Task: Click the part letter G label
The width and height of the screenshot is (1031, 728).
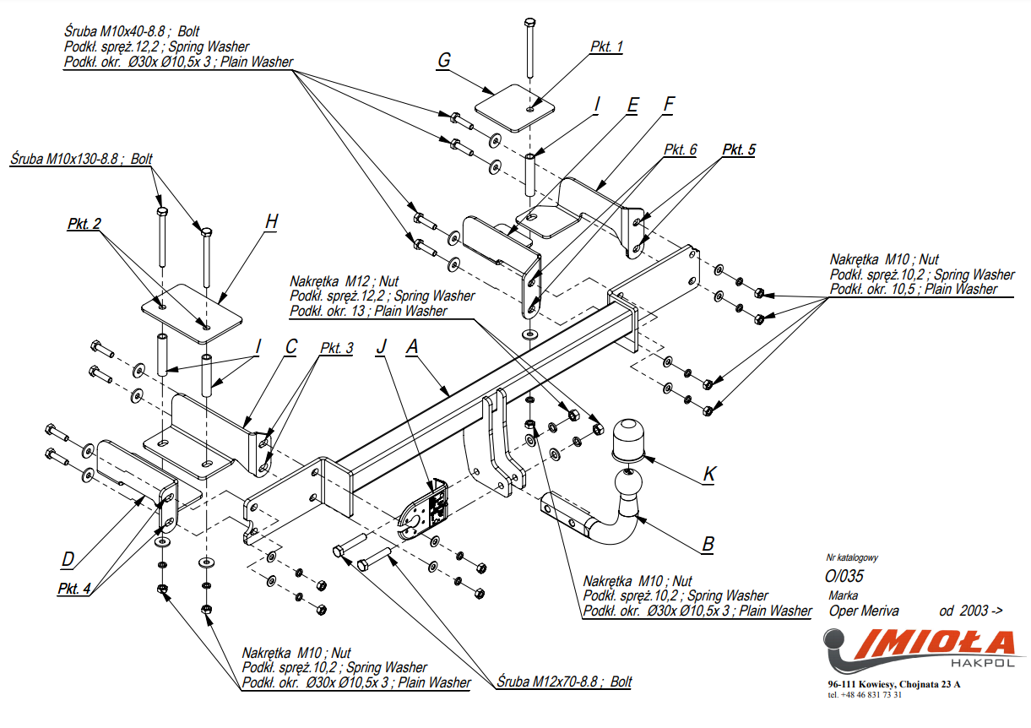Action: (444, 60)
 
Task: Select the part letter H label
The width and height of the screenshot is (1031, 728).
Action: (270, 222)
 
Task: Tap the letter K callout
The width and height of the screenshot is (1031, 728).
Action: (709, 475)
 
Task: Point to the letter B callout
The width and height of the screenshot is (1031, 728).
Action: (708, 544)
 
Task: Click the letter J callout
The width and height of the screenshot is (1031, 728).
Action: (382, 345)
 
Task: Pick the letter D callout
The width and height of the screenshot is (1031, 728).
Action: (68, 558)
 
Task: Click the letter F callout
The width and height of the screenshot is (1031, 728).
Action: (669, 105)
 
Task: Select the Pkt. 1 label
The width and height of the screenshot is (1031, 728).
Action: (606, 47)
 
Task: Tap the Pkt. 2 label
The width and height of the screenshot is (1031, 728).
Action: (84, 224)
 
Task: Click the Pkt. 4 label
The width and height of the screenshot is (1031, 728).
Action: (74, 588)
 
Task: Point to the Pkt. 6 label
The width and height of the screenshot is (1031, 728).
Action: (680, 149)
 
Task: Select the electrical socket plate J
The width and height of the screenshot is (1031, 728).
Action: (425, 512)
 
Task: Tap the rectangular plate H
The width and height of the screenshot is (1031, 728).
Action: (192, 317)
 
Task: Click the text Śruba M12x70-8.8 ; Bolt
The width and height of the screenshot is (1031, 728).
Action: (563, 681)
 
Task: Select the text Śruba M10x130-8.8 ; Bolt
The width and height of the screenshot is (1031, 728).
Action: (81, 158)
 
